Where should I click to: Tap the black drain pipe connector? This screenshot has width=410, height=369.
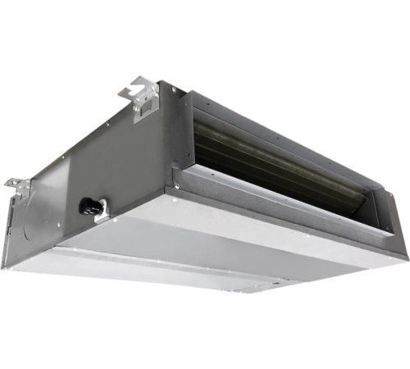click(89, 206)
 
